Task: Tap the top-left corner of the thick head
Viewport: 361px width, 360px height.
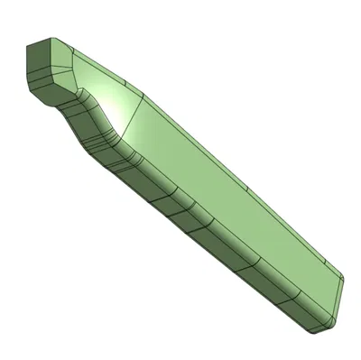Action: click(x=27, y=47)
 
